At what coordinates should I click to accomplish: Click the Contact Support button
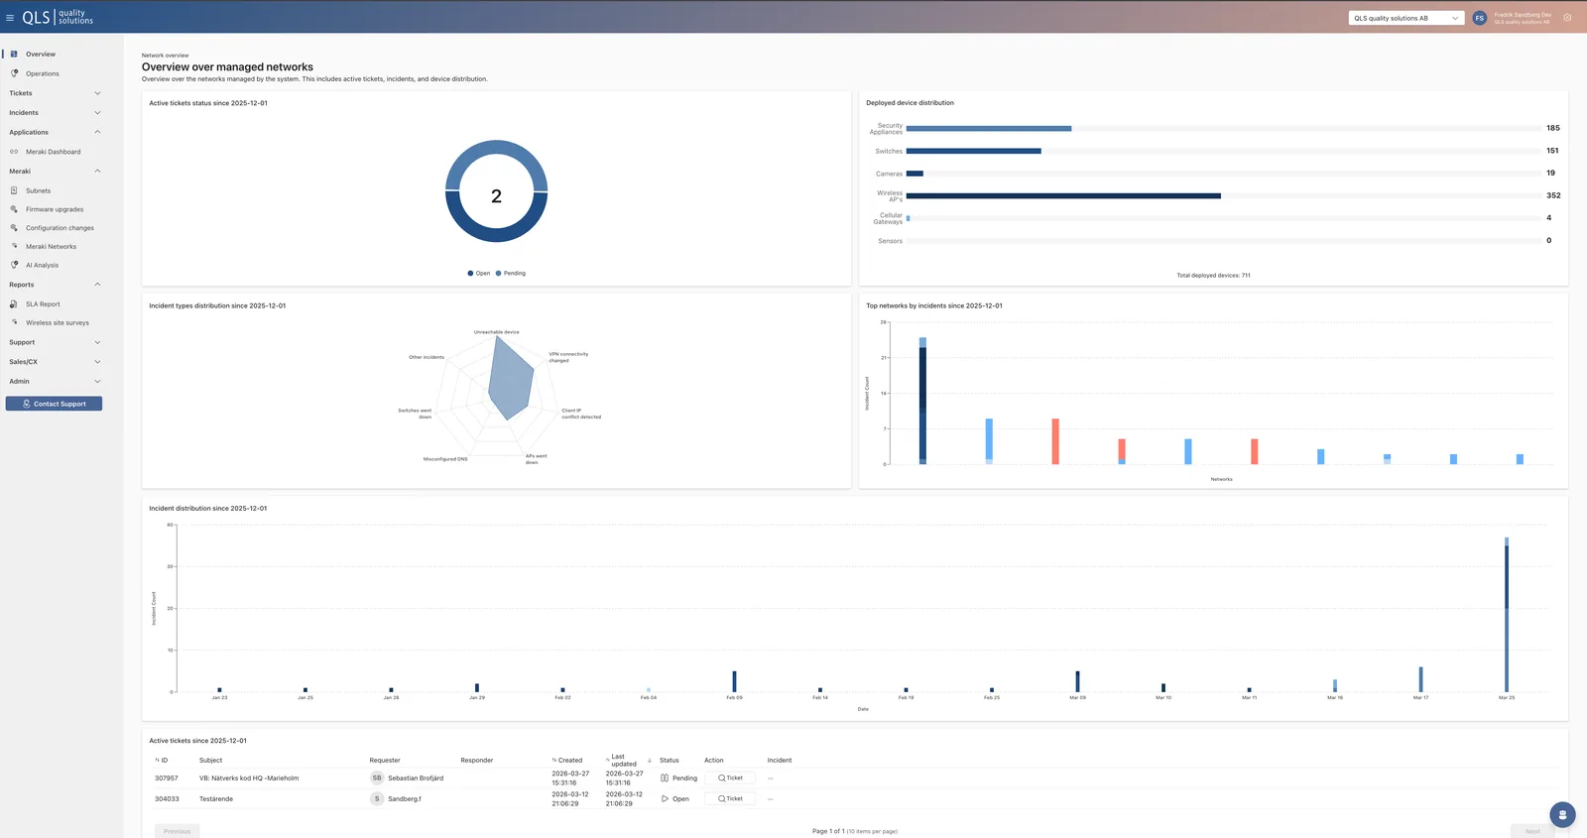pyautogui.click(x=54, y=404)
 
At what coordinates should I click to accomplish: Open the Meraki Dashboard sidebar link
pyautogui.click(x=53, y=152)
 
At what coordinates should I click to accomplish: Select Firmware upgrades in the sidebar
pyautogui.click(x=55, y=209)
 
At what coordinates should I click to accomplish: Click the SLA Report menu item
pyautogui.click(x=43, y=304)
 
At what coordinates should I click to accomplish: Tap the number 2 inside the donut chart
pyautogui.click(x=496, y=196)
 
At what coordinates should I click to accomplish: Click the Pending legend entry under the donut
pyautogui.click(x=511, y=273)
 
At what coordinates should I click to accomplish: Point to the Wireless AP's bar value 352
pyautogui.click(x=1553, y=195)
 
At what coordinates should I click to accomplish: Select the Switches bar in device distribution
pyautogui.click(x=973, y=151)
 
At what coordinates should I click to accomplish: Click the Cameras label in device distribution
pyautogui.click(x=889, y=174)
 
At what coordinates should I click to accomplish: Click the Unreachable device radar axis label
pyautogui.click(x=496, y=332)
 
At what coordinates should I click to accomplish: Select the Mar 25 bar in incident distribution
pyautogui.click(x=1507, y=615)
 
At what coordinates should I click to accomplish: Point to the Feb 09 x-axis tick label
pyautogui.click(x=734, y=697)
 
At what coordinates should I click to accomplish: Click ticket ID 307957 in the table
pyautogui.click(x=167, y=778)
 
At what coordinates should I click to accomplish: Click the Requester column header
pyautogui.click(x=385, y=761)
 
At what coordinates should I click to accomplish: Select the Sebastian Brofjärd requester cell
pyautogui.click(x=415, y=778)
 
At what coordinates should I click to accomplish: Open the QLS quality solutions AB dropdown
pyautogui.click(x=1405, y=18)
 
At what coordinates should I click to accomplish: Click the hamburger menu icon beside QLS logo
pyautogui.click(x=10, y=18)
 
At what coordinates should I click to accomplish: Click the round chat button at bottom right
pyautogui.click(x=1562, y=815)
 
